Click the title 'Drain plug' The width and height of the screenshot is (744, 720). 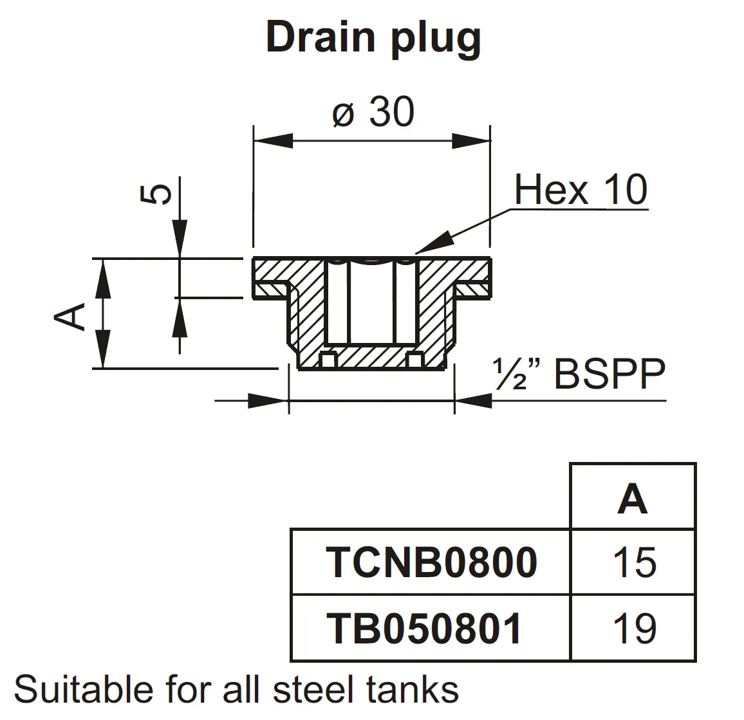pyautogui.click(x=373, y=37)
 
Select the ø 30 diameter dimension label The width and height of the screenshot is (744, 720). pyautogui.click(x=373, y=113)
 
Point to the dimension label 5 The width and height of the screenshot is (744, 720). pyautogui.click(x=156, y=194)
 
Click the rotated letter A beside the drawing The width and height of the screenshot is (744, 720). pyautogui.click(x=71, y=316)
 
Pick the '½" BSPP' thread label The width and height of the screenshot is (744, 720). pyautogui.click(x=579, y=374)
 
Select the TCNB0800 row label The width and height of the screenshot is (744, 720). pyautogui.click(x=431, y=562)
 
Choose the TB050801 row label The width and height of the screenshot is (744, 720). pyautogui.click(x=424, y=628)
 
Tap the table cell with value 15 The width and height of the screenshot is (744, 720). pyautogui.click(x=634, y=562)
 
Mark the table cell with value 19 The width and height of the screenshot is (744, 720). pyautogui.click(x=634, y=628)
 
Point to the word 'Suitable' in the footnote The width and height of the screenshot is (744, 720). pyautogui.click(x=84, y=690)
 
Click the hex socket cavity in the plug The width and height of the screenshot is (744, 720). pyautogui.click(x=371, y=302)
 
